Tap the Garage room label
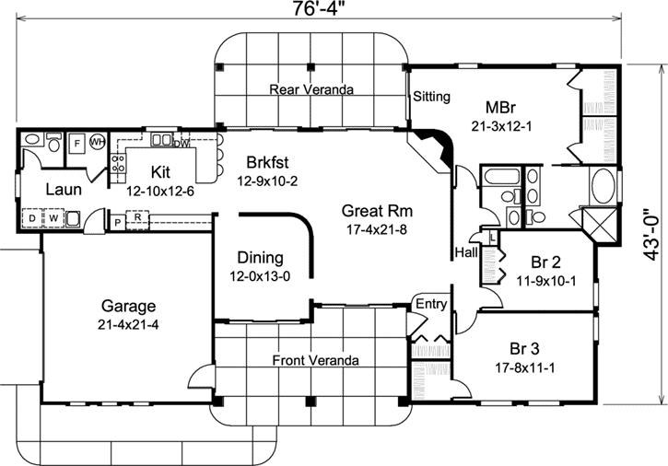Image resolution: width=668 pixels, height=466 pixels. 128,307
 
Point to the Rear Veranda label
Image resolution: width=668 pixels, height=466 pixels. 312,89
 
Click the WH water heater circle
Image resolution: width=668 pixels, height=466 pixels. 97,143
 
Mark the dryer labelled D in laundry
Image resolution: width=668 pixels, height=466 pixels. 32,218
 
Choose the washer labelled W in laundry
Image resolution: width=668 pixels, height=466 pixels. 53,218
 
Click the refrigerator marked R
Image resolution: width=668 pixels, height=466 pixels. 137,220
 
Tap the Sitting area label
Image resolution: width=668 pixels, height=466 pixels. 430,96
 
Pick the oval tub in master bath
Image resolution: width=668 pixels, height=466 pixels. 604,187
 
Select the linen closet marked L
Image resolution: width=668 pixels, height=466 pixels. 493,237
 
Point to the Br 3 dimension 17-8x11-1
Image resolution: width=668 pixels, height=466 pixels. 524,366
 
